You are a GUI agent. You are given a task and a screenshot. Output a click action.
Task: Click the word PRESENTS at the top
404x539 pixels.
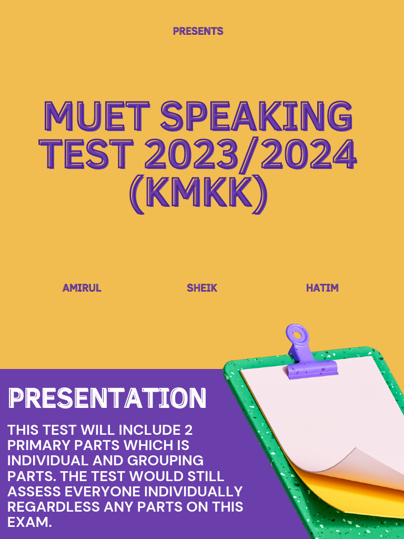[198, 31]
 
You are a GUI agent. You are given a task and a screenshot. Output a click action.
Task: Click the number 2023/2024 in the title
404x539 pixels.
[250, 154]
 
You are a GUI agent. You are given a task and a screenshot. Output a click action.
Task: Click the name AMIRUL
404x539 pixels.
[82, 288]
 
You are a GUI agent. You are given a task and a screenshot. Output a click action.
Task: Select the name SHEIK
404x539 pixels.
[202, 288]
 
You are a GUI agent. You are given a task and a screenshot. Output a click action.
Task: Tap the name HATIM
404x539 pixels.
[322, 288]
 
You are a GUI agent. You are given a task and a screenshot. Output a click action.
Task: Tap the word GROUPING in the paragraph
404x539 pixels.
[171, 461]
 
